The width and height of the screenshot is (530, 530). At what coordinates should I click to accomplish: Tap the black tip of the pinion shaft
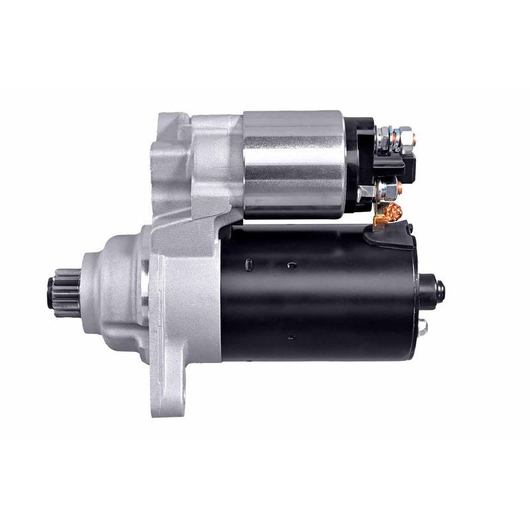pos(52,290)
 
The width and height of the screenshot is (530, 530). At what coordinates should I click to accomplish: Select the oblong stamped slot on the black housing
pos(246,265)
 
